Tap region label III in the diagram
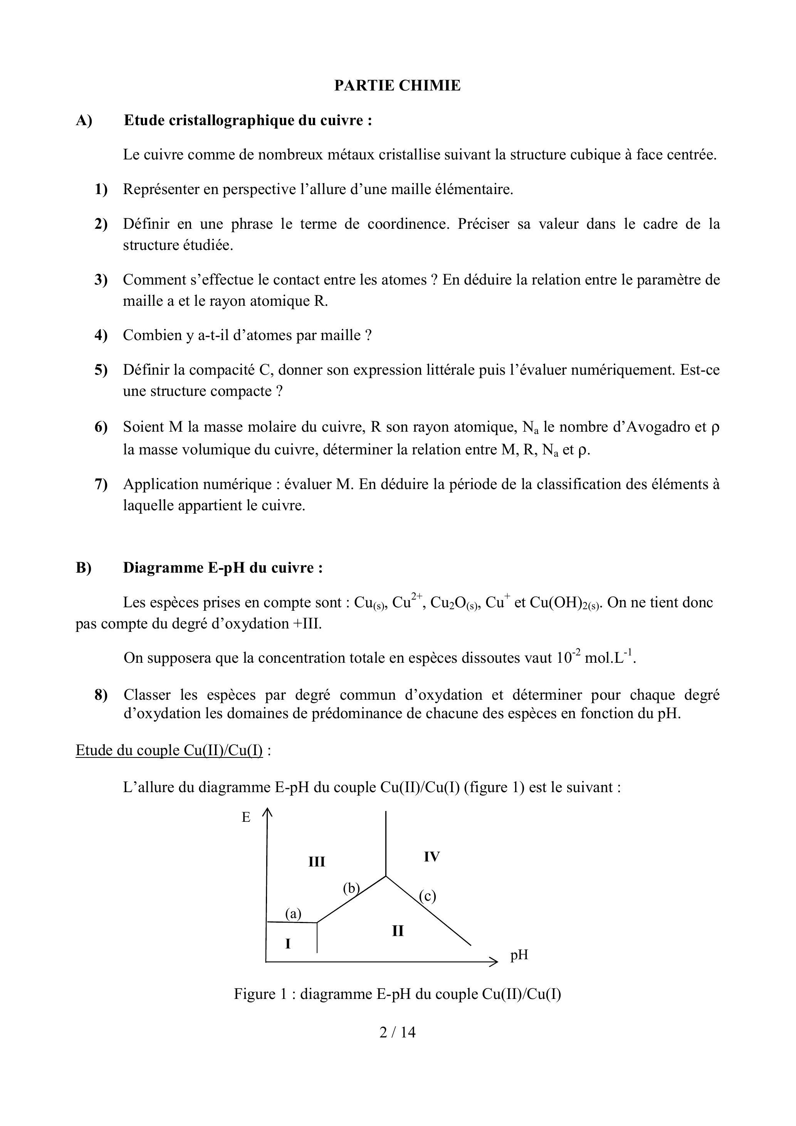317,862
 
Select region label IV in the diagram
432,857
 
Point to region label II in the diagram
398,930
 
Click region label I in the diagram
288,943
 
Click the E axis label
246,818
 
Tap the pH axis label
519,955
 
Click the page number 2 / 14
398,1032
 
